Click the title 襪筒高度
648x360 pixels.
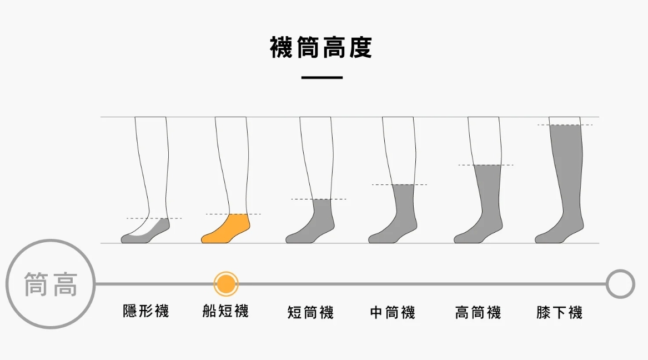pos(321,48)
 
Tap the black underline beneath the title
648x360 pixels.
pos(322,78)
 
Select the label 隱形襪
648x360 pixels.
pos(145,311)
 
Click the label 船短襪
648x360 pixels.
pos(225,311)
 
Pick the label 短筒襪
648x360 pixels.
pos(310,313)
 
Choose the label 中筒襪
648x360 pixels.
pos(393,313)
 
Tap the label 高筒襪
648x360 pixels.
pos(478,313)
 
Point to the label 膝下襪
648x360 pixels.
pos(559,313)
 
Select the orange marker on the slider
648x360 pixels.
pos(226,284)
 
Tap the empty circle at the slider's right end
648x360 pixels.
pos(620,284)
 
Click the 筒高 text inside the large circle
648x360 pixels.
pos(51,284)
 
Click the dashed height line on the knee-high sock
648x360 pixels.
pos(565,125)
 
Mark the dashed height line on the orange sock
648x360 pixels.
pos(233,214)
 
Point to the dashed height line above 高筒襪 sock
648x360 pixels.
pos(486,165)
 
